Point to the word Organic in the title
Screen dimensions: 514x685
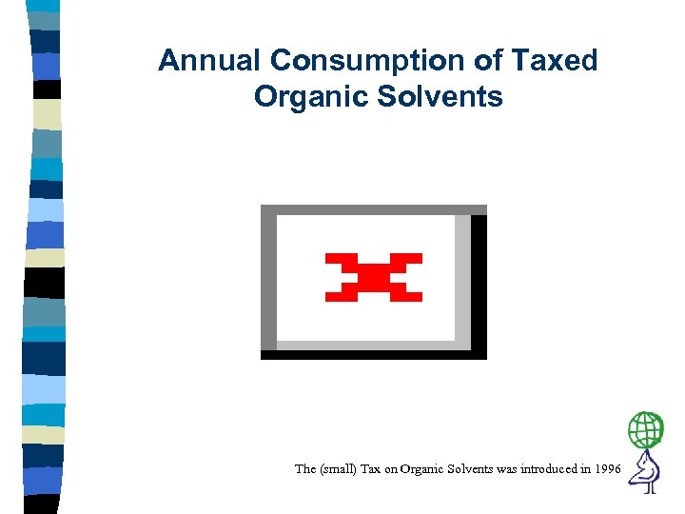pos(304,96)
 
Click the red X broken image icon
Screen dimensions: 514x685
pos(373,277)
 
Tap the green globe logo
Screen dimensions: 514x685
pos(646,430)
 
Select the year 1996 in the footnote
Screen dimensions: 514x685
pos(606,468)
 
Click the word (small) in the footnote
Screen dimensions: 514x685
pos(340,468)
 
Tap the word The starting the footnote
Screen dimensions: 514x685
pos(305,468)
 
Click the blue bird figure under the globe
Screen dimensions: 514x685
pos(648,471)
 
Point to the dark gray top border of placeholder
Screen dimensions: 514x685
pos(373,209)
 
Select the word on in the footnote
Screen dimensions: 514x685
pos(393,468)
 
